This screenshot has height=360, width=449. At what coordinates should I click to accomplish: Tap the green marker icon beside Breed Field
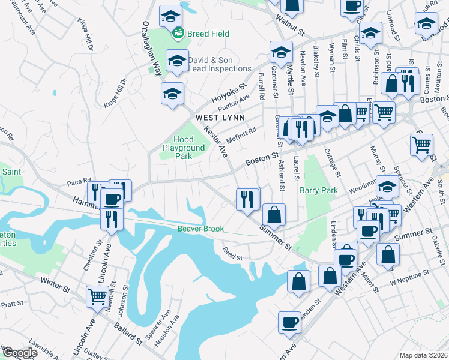click(178, 34)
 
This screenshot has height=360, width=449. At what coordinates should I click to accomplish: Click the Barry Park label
click(319, 190)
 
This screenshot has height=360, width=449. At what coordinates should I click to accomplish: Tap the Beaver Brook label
click(200, 229)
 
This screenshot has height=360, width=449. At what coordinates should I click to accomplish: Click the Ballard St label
click(128, 335)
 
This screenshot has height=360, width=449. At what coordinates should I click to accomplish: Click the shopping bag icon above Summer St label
click(274, 214)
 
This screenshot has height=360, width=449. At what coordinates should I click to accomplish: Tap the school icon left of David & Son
click(177, 61)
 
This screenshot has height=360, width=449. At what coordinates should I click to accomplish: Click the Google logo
click(19, 353)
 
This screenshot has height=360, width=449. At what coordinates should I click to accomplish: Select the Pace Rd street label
click(78, 180)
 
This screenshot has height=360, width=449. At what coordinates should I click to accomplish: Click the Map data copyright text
click(423, 355)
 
